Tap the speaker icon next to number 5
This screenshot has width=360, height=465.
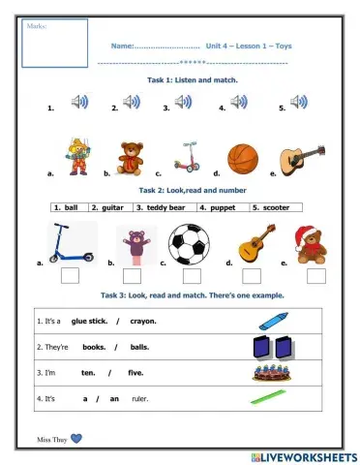(299, 102)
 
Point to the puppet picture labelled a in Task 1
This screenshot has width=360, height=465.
(78, 156)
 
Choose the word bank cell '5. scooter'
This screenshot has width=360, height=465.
(272, 207)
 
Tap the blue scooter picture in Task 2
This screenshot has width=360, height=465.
(74, 243)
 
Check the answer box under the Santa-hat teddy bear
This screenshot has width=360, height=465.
(310, 276)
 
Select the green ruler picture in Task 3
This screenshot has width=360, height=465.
(270, 397)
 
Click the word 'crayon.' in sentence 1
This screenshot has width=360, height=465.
(143, 321)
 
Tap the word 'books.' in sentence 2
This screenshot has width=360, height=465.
(94, 346)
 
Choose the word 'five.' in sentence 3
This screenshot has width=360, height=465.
(136, 372)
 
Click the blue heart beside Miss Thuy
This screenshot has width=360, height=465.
(76, 438)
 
